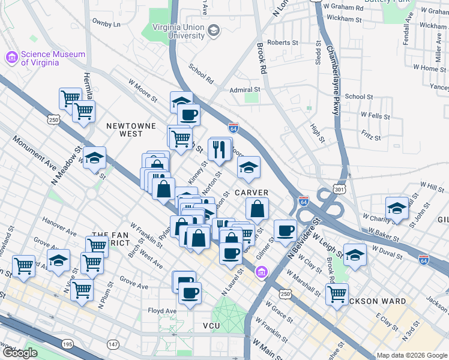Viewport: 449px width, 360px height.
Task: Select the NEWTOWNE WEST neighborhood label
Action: [131, 130]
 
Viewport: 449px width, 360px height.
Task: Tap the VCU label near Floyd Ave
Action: [212, 325]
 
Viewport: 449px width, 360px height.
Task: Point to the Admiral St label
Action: [244, 90]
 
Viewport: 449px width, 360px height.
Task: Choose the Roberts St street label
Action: [283, 43]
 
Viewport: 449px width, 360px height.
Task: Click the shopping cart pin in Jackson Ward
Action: [337, 294]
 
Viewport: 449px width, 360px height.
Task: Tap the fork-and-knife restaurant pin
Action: [220, 148]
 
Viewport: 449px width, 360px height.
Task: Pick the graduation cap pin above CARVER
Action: [249, 167]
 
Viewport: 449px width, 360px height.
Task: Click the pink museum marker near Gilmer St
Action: [261, 274]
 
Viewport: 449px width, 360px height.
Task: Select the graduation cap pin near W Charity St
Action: [396, 208]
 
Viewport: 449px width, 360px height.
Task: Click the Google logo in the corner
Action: [19, 353]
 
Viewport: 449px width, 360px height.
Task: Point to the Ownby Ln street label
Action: [106, 24]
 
